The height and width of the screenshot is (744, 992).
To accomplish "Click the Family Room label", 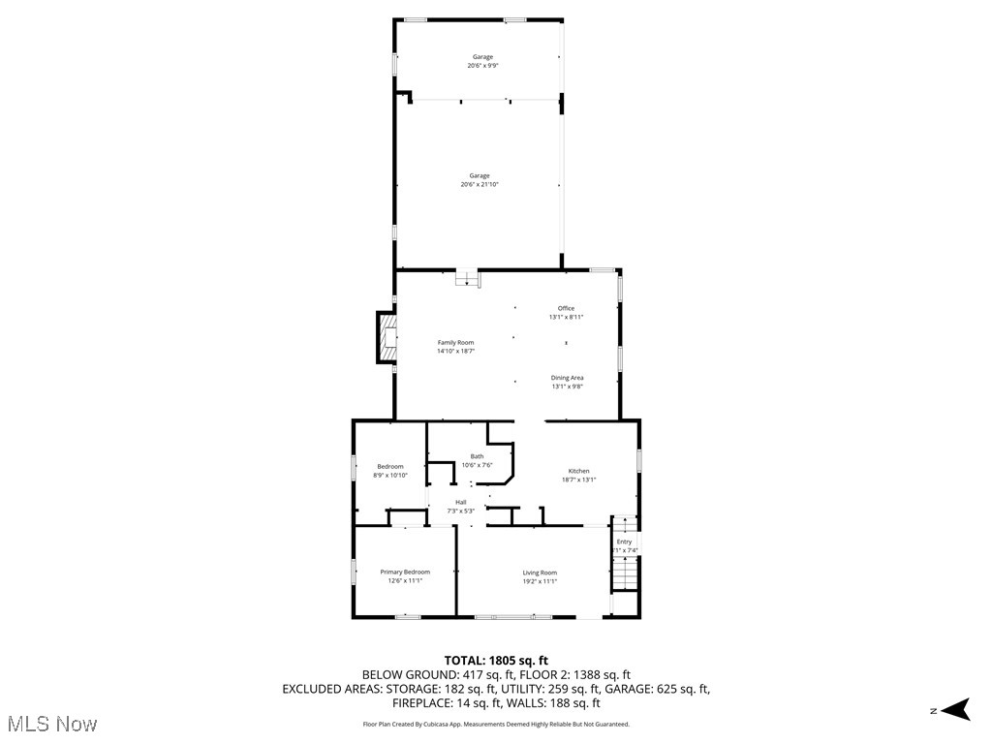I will click(454, 347).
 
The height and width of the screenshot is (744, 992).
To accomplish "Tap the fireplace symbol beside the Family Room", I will click(387, 338).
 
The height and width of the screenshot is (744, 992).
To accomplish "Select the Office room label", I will click(566, 312).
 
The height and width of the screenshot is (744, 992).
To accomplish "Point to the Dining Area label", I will click(567, 382).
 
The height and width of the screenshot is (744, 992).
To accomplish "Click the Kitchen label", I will click(578, 475).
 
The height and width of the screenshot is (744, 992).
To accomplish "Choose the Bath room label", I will click(477, 460).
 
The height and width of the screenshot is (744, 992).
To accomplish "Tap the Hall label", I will click(461, 506).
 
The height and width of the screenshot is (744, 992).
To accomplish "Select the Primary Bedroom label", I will click(404, 576).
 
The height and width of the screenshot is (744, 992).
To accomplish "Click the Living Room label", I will click(540, 576).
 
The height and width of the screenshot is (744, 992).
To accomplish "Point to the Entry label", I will click(624, 545).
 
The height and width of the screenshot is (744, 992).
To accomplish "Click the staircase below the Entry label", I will click(625, 575).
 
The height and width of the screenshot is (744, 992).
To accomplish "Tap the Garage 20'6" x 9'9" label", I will click(482, 61).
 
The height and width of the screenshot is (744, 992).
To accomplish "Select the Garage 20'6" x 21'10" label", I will click(480, 180).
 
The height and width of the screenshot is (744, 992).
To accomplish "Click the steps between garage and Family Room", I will click(468, 279).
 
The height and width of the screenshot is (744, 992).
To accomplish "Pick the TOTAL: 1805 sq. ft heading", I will click(496, 660).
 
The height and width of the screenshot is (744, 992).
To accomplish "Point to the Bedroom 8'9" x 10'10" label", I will click(389, 471).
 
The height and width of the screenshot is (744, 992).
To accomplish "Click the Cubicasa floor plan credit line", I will click(496, 724).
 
